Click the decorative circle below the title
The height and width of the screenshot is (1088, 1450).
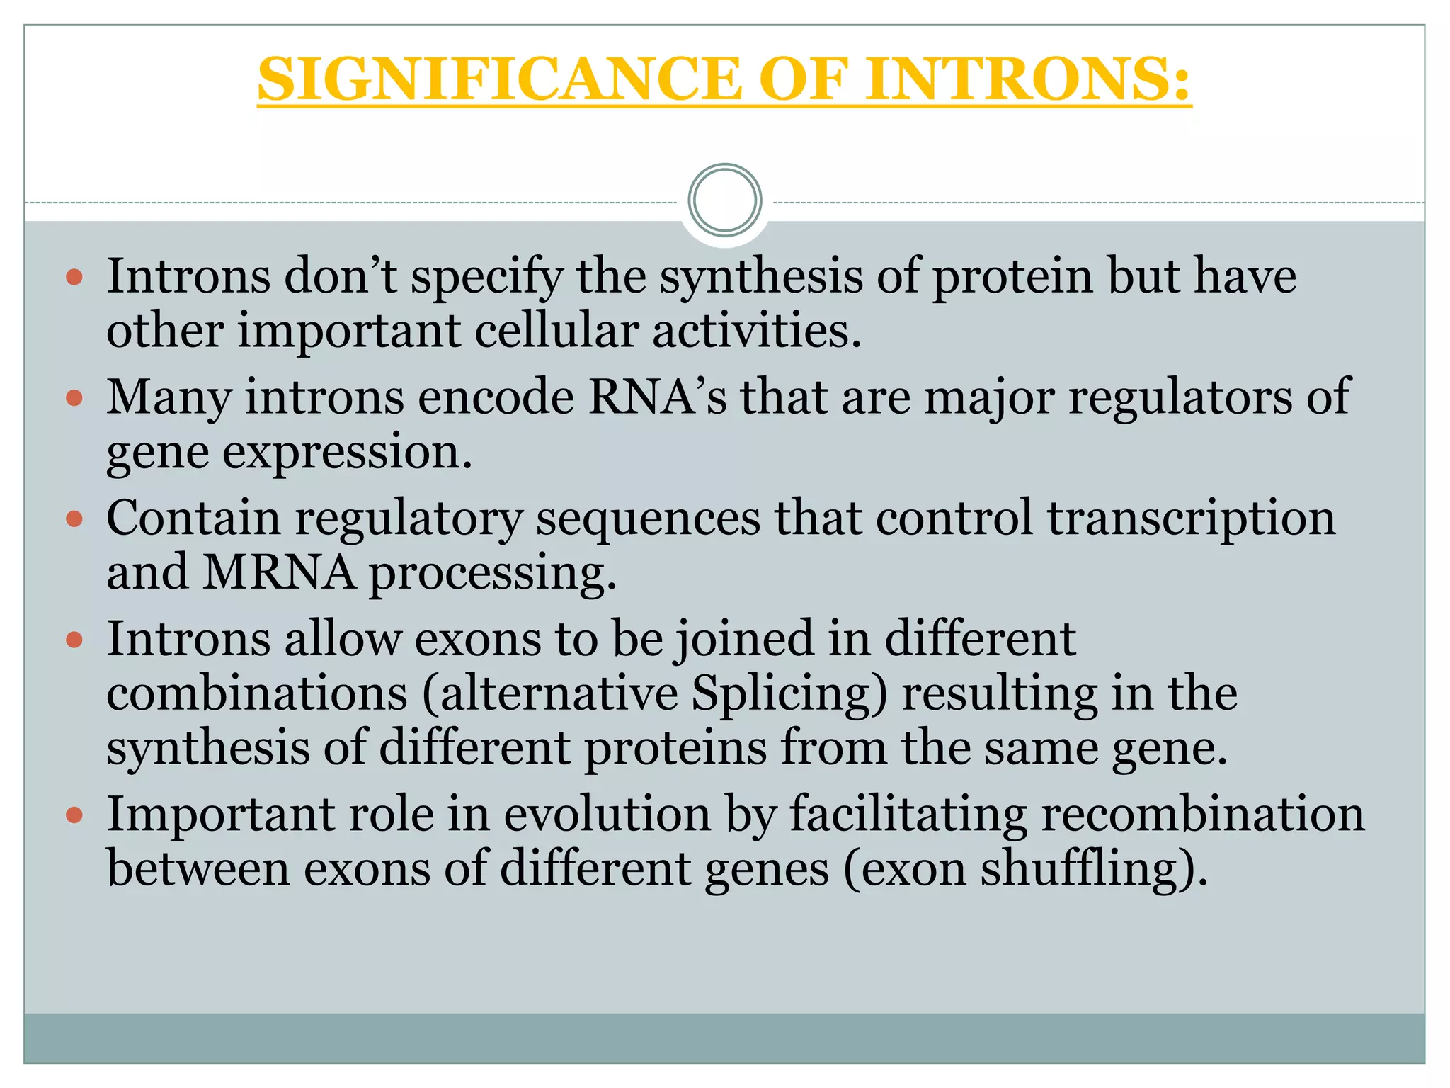click(x=724, y=200)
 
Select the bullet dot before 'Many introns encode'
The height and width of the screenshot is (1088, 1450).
click(x=74, y=398)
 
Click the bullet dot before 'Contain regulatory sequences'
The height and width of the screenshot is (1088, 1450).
click(x=74, y=520)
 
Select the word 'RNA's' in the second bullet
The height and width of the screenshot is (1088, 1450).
click(x=657, y=397)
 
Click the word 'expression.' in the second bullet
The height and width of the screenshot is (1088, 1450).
click(x=347, y=452)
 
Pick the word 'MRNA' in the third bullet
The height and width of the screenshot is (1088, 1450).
click(x=279, y=572)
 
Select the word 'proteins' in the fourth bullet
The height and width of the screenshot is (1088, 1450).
click(x=675, y=748)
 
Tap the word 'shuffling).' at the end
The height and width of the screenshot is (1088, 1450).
click(x=1093, y=870)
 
